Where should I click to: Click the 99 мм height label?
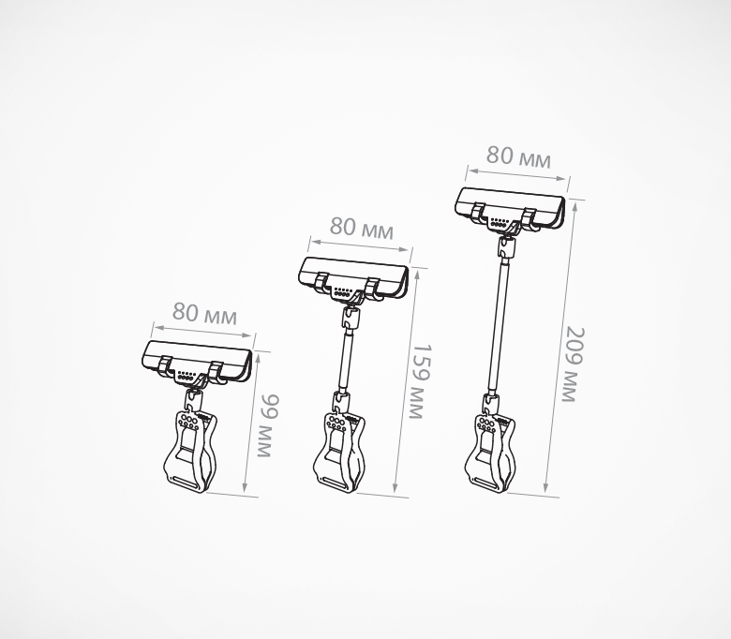(x=269, y=425)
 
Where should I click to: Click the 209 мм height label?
(x=573, y=364)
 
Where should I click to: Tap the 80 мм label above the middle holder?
(x=362, y=228)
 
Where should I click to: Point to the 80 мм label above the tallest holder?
(x=518, y=156)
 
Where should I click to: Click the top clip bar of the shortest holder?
(x=197, y=363)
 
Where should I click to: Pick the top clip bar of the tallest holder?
(x=510, y=209)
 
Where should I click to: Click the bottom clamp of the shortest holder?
(x=190, y=451)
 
